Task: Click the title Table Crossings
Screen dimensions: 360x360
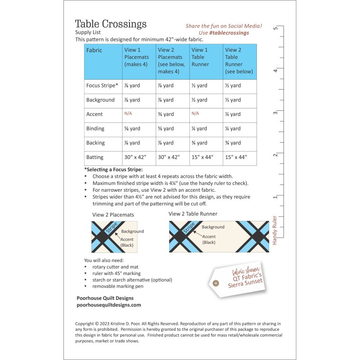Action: [x=111, y=24]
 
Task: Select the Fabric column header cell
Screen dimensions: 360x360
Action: [x=94, y=50]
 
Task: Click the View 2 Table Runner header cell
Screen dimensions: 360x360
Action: [x=239, y=61]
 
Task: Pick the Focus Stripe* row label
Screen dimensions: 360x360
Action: [x=102, y=85]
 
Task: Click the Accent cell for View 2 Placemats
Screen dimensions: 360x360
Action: [x=166, y=114]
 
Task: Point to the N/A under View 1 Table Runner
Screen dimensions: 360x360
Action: [x=195, y=114]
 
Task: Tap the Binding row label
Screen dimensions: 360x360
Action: [x=95, y=129]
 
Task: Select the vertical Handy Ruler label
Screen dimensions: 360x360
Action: [x=274, y=230]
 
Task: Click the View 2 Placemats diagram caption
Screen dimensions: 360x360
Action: [x=113, y=215]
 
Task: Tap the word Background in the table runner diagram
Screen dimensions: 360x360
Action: [x=213, y=227]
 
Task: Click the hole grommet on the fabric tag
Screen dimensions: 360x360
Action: [x=216, y=283]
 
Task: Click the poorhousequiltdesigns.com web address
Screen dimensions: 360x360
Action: [x=109, y=305]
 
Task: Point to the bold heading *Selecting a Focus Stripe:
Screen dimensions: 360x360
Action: [x=113, y=170]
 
